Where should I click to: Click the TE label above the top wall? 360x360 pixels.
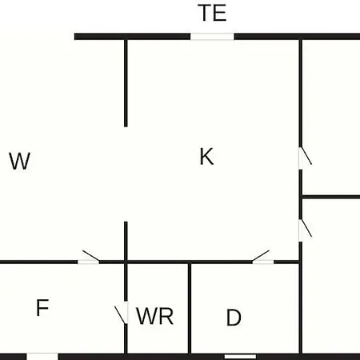coord(213,13)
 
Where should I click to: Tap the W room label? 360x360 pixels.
coord(19,161)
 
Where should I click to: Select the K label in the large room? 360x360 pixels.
coord(206,157)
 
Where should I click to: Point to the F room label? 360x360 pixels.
coord(42,307)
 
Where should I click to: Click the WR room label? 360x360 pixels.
coord(154,316)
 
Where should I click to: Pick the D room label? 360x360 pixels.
coord(234,318)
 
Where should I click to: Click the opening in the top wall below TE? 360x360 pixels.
coord(212,37)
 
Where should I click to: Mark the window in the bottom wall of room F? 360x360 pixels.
coord(42,357)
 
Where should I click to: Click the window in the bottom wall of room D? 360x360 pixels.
coord(240,357)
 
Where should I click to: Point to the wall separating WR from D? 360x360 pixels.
coord(190,308)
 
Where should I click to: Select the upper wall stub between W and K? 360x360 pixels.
coord(126,83)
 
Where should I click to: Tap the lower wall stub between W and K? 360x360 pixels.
coord(126,241)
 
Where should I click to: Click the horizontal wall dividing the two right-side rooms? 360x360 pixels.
coord(331,197)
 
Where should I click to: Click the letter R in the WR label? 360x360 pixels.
coord(166,316)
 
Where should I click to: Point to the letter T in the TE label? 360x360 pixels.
coord(205,13)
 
